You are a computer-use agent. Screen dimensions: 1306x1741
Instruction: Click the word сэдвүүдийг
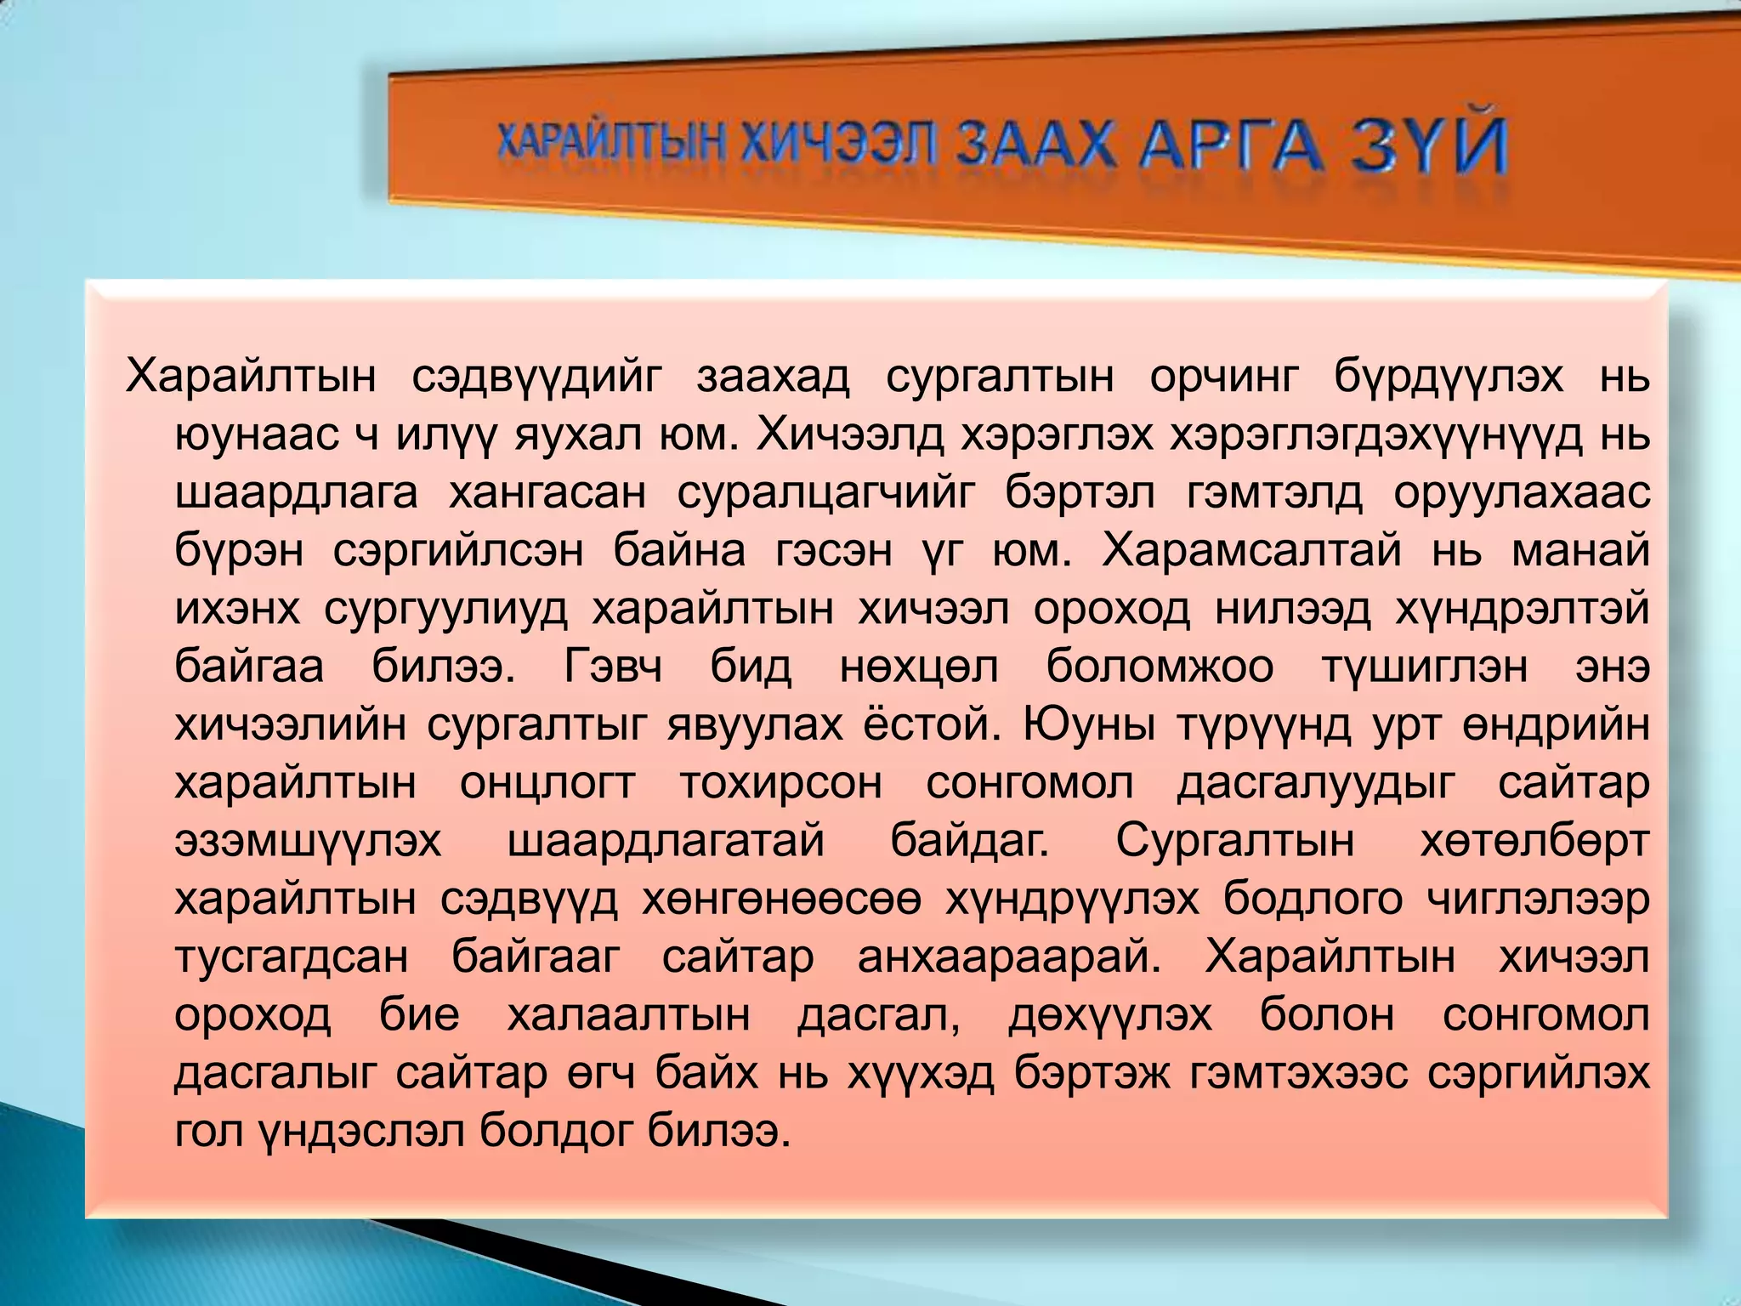pos(536,377)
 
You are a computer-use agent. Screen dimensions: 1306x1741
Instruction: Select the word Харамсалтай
pos(1252,551)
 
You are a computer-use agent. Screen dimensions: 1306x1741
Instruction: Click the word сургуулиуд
pos(445,609)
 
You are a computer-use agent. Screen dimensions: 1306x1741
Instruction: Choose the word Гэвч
pos(613,667)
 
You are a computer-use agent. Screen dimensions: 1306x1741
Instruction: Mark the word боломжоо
pos(1160,667)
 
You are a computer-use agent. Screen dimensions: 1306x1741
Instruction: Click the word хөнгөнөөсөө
pos(781,900)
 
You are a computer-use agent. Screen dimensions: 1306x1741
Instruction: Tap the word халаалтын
pos(629,1015)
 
